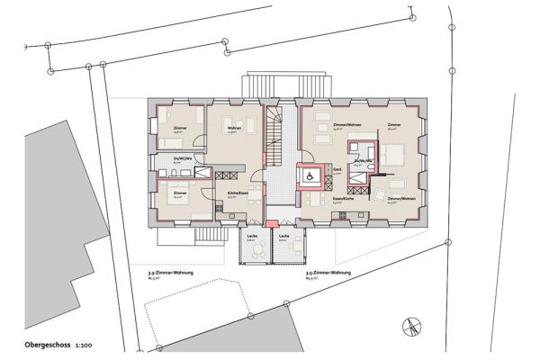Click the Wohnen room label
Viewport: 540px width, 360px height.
(x=233, y=129)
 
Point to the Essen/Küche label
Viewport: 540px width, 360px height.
(x=340, y=198)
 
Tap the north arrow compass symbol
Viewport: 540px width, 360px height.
(x=410, y=326)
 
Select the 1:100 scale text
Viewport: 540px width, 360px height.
(x=86, y=344)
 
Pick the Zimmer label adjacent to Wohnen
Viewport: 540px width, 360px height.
(x=180, y=129)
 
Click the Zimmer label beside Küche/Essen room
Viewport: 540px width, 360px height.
(x=180, y=193)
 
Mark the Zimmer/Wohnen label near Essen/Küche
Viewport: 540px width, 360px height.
(x=402, y=198)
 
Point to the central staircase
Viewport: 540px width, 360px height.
(x=275, y=135)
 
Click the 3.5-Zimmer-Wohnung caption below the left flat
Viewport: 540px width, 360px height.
(x=171, y=273)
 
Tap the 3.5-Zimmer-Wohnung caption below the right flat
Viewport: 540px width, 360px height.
(x=328, y=273)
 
